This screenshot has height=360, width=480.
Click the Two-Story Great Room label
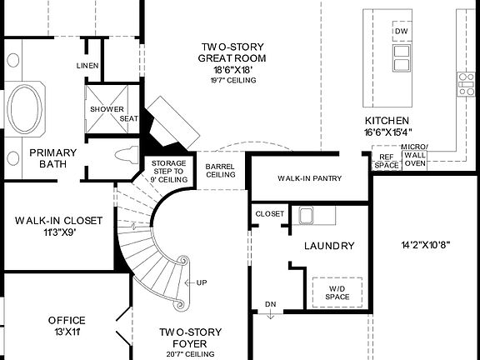(x=232, y=52)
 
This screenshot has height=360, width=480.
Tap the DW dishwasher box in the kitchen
(x=402, y=32)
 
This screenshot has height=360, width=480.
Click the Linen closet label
(x=87, y=66)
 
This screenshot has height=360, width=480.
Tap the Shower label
(x=106, y=109)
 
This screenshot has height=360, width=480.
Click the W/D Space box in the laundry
(x=331, y=292)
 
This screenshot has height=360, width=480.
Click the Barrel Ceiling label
(x=219, y=171)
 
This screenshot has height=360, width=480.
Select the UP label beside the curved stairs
(x=202, y=282)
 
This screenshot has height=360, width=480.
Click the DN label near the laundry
(x=270, y=304)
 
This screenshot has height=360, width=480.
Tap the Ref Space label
(x=385, y=160)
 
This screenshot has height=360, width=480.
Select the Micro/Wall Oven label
(x=414, y=156)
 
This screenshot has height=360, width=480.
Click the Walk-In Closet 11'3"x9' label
(x=58, y=226)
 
